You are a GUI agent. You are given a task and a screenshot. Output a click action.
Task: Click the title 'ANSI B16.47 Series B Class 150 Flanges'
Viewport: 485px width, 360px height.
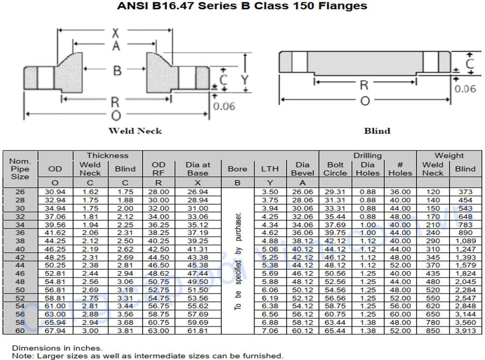[242, 6]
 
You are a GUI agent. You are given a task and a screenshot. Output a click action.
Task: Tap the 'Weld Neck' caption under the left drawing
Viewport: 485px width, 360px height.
[135, 131]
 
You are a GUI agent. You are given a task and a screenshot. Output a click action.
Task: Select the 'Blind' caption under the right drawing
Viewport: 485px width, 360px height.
[377, 131]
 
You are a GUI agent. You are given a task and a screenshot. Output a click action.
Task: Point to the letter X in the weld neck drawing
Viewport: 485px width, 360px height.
[115, 33]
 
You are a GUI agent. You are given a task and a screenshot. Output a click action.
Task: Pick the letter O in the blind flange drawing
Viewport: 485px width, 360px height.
[365, 100]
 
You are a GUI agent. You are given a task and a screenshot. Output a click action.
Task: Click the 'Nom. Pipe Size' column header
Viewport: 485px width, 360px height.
[20, 169]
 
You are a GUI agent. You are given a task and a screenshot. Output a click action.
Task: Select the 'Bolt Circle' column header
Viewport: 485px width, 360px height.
[335, 169]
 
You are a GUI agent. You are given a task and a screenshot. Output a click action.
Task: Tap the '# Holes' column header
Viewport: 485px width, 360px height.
[400, 169]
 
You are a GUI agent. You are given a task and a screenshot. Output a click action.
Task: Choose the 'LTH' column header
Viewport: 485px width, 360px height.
[270, 169]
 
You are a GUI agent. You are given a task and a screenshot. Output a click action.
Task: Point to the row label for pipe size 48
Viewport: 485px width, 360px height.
[20, 281]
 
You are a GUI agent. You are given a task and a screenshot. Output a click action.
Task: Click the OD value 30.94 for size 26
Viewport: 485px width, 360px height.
[55, 192]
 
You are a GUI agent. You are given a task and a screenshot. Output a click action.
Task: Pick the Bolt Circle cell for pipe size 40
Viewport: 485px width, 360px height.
[335, 249]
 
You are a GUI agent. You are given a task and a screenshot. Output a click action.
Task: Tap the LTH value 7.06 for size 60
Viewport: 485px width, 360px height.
[270, 330]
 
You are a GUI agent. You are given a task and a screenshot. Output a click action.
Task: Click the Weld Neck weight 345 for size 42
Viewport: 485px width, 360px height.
[433, 257]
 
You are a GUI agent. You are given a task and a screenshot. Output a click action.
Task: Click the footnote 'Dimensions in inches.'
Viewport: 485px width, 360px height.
[57, 348]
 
